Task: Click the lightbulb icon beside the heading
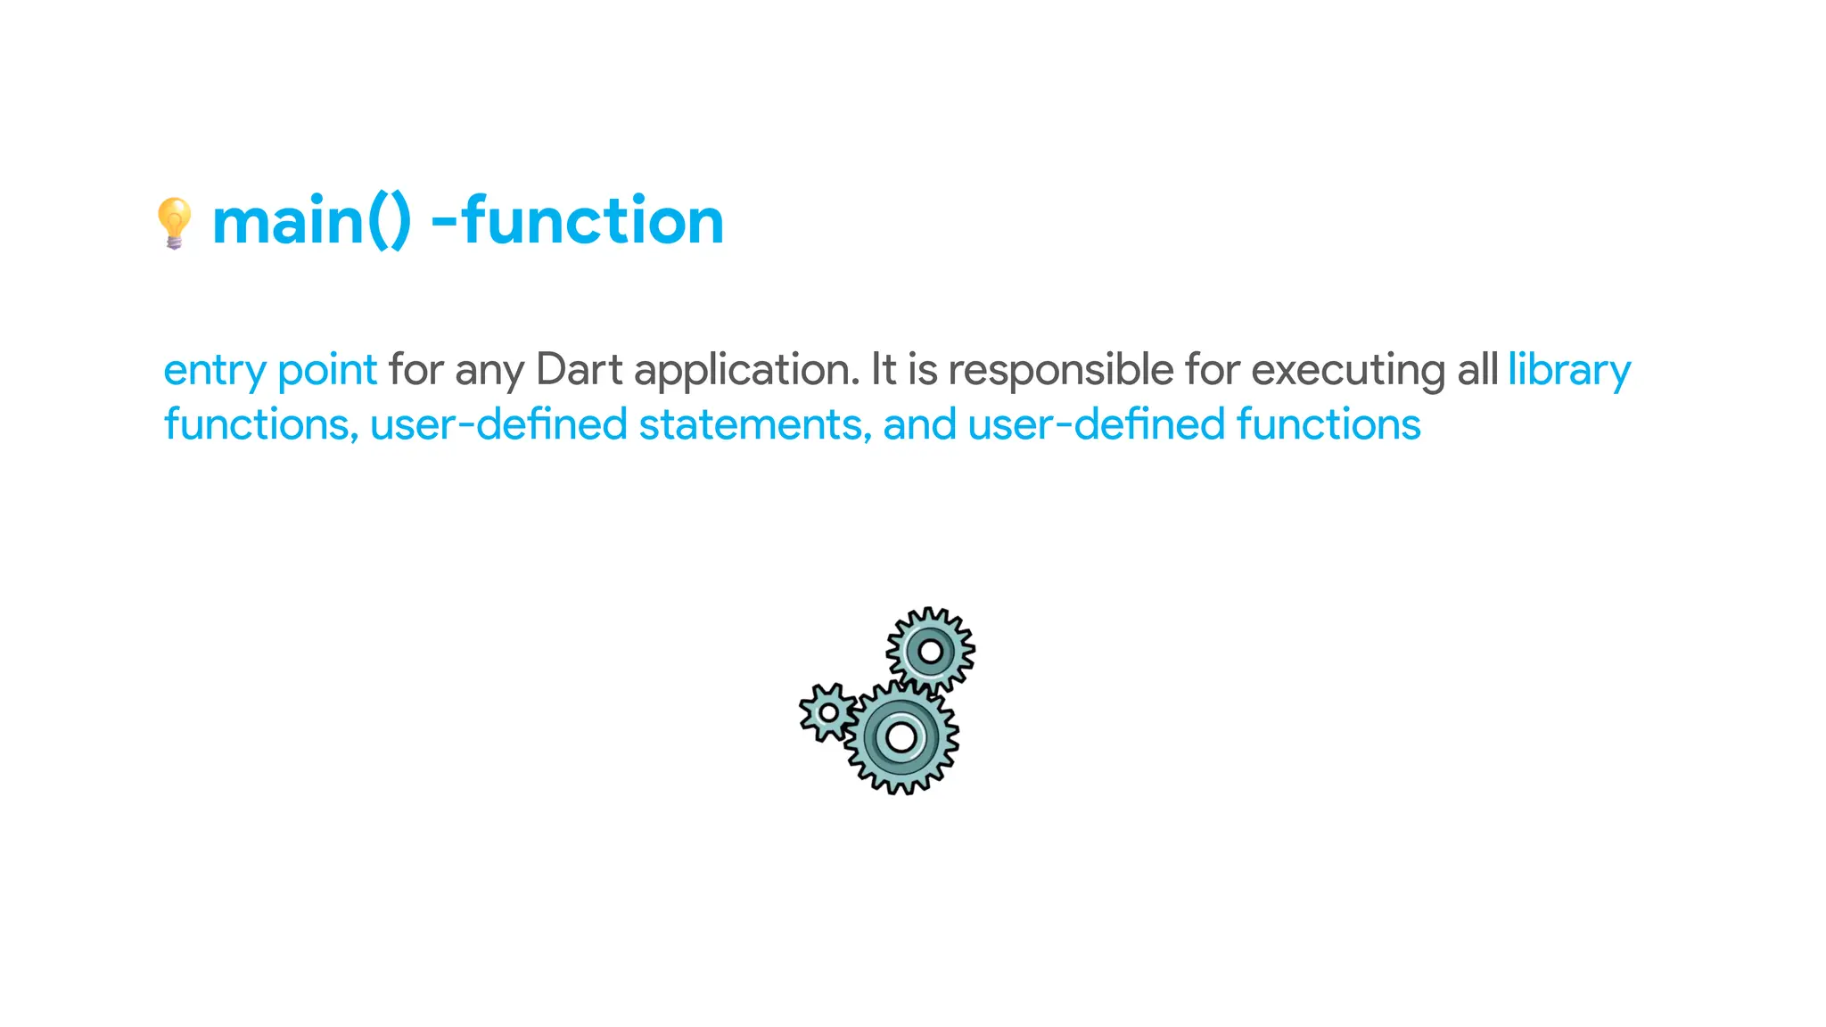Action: (174, 223)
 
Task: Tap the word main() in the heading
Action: (311, 221)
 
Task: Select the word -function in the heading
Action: (577, 221)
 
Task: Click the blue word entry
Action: (215, 371)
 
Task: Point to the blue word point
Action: (327, 371)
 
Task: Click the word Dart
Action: (580, 370)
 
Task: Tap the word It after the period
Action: (884, 370)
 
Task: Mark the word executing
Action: (1349, 371)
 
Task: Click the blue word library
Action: (1569, 371)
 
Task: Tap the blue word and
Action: (920, 424)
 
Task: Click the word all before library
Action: (1477, 370)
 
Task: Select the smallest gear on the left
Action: (828, 712)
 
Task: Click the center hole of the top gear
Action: (931, 652)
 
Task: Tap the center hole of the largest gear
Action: (901, 737)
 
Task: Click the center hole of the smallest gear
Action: (828, 713)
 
